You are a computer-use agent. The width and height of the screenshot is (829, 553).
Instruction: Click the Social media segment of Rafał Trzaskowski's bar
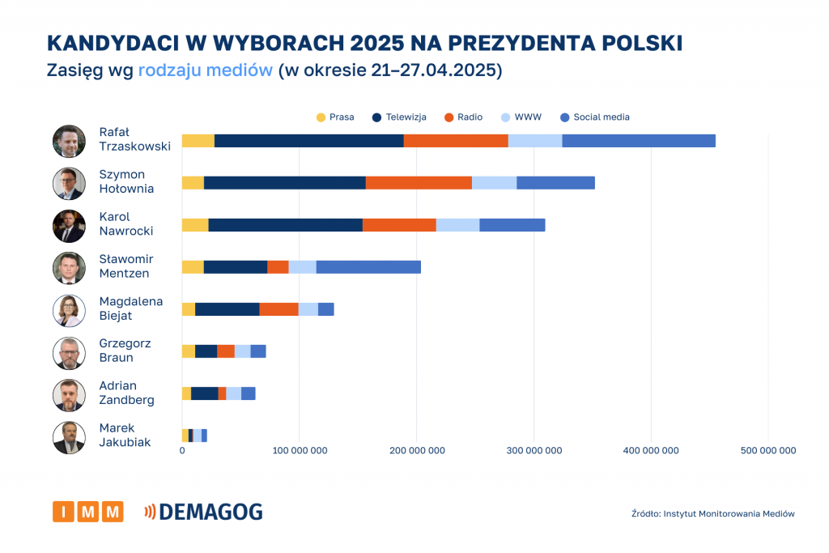click(639, 141)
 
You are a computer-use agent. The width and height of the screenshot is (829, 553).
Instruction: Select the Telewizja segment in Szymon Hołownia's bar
click(285, 183)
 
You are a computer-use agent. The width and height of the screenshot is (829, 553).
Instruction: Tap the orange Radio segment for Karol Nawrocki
click(399, 225)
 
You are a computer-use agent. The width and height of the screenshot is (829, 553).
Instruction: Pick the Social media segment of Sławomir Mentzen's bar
click(368, 267)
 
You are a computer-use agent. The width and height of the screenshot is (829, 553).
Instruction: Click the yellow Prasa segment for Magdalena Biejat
click(189, 309)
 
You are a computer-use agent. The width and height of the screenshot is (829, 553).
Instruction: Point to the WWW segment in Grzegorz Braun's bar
click(242, 351)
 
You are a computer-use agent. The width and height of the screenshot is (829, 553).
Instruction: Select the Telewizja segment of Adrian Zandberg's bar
click(205, 393)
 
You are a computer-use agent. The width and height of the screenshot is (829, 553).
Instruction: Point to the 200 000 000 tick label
click(416, 451)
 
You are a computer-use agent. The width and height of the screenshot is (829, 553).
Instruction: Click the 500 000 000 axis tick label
click(767, 451)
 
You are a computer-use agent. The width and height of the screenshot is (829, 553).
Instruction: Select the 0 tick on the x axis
click(182, 451)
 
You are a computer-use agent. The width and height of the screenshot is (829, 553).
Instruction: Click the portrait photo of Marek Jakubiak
click(69, 437)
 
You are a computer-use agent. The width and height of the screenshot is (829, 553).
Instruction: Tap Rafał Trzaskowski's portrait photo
click(69, 141)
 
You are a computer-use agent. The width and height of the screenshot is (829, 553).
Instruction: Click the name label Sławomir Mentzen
click(125, 266)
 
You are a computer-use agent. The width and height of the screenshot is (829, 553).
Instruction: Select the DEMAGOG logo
click(203, 512)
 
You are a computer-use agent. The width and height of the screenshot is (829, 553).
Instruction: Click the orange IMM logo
click(88, 512)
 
